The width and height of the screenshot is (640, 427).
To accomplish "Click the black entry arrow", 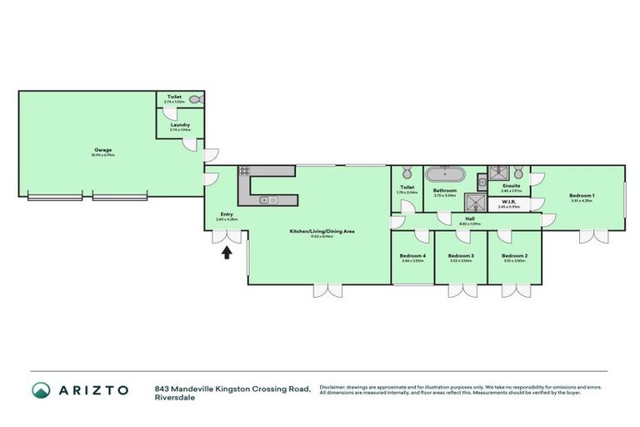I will (x=226, y=253).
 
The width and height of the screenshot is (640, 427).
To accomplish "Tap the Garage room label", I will (x=103, y=152).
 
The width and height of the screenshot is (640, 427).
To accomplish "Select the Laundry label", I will (x=179, y=126).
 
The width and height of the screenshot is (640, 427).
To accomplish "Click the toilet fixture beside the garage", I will (x=195, y=99).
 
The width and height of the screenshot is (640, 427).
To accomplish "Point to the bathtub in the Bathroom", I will (x=444, y=175).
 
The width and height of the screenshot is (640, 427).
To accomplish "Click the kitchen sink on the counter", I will (x=268, y=199).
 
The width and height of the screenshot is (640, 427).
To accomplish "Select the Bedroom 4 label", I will (x=412, y=257).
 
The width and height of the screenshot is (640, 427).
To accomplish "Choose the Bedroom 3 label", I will (x=461, y=257).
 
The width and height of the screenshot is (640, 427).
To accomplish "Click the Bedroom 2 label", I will (x=514, y=257).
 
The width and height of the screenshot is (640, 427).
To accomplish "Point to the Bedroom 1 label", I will (x=581, y=197).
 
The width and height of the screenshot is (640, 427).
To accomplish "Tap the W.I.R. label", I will (x=510, y=202).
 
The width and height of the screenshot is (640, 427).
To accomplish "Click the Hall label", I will (x=470, y=219).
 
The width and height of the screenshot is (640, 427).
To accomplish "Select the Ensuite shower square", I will (x=499, y=173).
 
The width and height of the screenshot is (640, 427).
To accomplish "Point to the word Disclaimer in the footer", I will (x=333, y=386).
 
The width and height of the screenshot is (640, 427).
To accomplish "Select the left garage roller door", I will (x=56, y=197).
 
